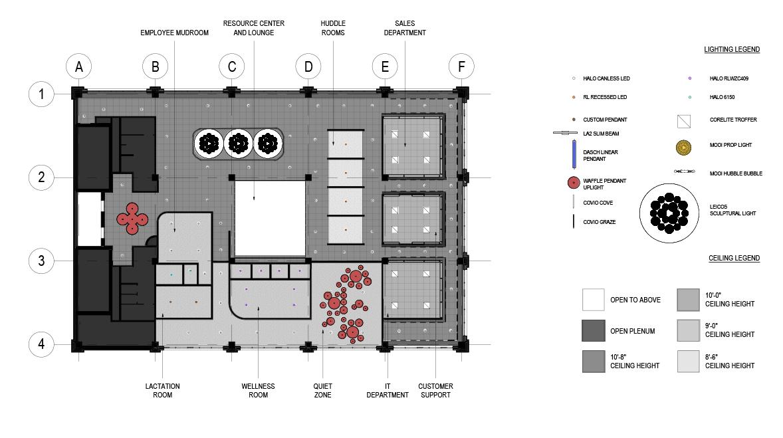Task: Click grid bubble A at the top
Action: [x=78, y=67]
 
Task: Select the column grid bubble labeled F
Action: [x=461, y=67]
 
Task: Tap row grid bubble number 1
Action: [x=41, y=94]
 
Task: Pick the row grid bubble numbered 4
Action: [x=41, y=344]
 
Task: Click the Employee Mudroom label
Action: [x=174, y=33]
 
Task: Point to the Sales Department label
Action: [x=405, y=28]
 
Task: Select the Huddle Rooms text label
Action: [x=332, y=28]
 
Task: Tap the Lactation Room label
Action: [x=162, y=391]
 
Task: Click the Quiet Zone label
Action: [x=322, y=391]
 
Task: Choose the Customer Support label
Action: [x=435, y=391]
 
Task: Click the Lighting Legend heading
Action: [x=732, y=49]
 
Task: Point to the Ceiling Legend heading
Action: [x=734, y=258]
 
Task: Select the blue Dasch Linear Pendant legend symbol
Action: [x=572, y=154]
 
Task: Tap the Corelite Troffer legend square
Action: [x=682, y=121]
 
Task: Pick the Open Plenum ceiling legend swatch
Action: [x=593, y=330]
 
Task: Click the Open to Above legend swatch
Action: [x=593, y=300]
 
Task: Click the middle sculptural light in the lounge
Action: [x=237, y=143]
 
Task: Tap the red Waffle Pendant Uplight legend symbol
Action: [x=572, y=183]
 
